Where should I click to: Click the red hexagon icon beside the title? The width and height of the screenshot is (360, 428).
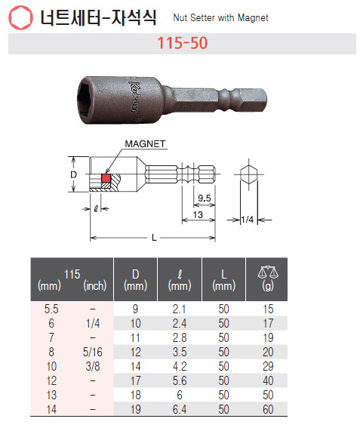[x=20, y=18]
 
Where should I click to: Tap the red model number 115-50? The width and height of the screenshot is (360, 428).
[x=183, y=43]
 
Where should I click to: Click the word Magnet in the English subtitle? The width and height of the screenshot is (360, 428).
[x=253, y=18]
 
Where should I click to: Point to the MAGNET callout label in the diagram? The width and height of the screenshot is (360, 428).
[x=145, y=144]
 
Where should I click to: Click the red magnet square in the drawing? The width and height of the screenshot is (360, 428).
[x=106, y=178]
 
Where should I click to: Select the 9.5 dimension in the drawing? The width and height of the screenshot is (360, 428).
[x=205, y=198]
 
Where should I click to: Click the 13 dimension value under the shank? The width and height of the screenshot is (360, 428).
[x=198, y=215]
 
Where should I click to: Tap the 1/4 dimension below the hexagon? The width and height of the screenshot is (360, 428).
[x=248, y=219]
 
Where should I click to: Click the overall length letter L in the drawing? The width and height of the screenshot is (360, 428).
[x=154, y=238]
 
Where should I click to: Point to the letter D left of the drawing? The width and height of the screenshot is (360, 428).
[x=74, y=174]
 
